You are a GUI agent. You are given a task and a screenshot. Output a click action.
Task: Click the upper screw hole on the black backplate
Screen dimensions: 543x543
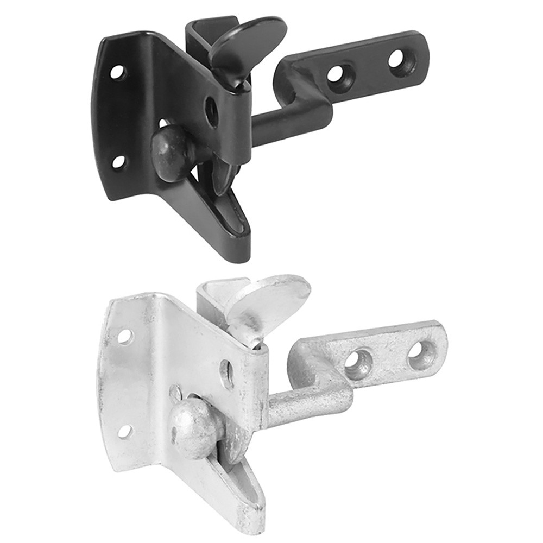coord(117,71)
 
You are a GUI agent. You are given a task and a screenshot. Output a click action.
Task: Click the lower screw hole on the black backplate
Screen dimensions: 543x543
coord(118,162)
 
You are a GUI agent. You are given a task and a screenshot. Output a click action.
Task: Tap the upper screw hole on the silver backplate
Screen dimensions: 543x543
coord(125,337)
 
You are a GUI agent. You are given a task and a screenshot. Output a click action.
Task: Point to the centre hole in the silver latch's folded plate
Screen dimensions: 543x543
coord(227,374)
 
